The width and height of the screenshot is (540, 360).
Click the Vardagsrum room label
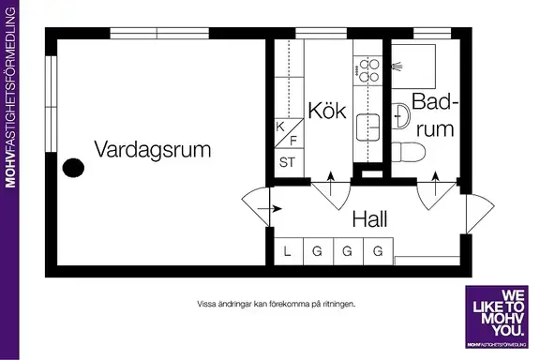tap(153, 149)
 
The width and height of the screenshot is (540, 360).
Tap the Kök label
tap(327, 111)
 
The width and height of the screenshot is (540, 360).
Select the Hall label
tap(369, 218)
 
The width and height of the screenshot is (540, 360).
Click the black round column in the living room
tap(73, 168)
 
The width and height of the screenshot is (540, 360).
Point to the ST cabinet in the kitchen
tap(289, 163)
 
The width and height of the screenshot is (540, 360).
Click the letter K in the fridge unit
tap(280, 127)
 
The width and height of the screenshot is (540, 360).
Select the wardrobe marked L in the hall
tap(289, 251)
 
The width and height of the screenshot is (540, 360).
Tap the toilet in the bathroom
tap(408, 152)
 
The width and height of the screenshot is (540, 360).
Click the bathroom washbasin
tap(400, 116)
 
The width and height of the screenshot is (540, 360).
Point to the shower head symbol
tap(397, 66)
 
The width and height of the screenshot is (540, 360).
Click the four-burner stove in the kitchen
tap(368, 71)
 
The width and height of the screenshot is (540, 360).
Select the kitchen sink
tap(367, 127)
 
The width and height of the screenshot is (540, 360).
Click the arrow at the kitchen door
tap(331, 184)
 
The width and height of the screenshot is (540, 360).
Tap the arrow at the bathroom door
tap(436, 184)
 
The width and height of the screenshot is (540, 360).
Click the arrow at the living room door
tap(270, 209)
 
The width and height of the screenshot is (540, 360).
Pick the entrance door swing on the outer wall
tap(480, 214)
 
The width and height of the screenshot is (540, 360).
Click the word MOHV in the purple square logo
tap(502, 319)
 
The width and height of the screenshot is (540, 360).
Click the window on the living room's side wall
tap(51, 103)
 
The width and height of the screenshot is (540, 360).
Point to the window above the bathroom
tap(432, 34)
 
